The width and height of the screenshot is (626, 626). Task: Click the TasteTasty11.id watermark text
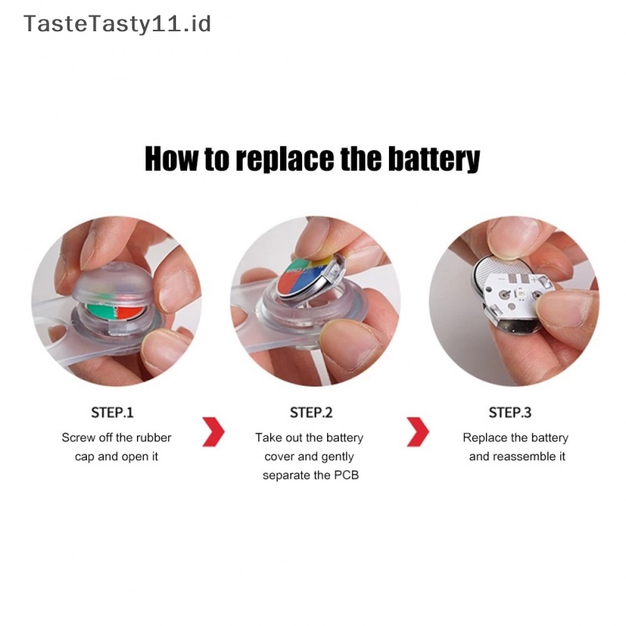pyautogui.click(x=117, y=24)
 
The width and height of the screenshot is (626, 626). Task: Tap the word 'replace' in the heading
pyautogui.click(x=285, y=160)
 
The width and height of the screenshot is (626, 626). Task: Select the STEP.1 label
pyautogui.click(x=112, y=412)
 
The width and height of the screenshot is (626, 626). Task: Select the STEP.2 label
pyautogui.click(x=311, y=412)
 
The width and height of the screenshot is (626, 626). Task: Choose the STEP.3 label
pyautogui.click(x=510, y=412)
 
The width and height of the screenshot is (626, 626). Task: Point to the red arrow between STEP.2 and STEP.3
pyautogui.click(x=418, y=432)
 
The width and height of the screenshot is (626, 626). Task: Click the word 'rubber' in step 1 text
pyautogui.click(x=153, y=437)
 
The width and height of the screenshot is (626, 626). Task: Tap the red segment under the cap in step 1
pyautogui.click(x=129, y=312)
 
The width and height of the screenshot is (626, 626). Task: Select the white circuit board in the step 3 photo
pyautogui.click(x=516, y=296)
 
